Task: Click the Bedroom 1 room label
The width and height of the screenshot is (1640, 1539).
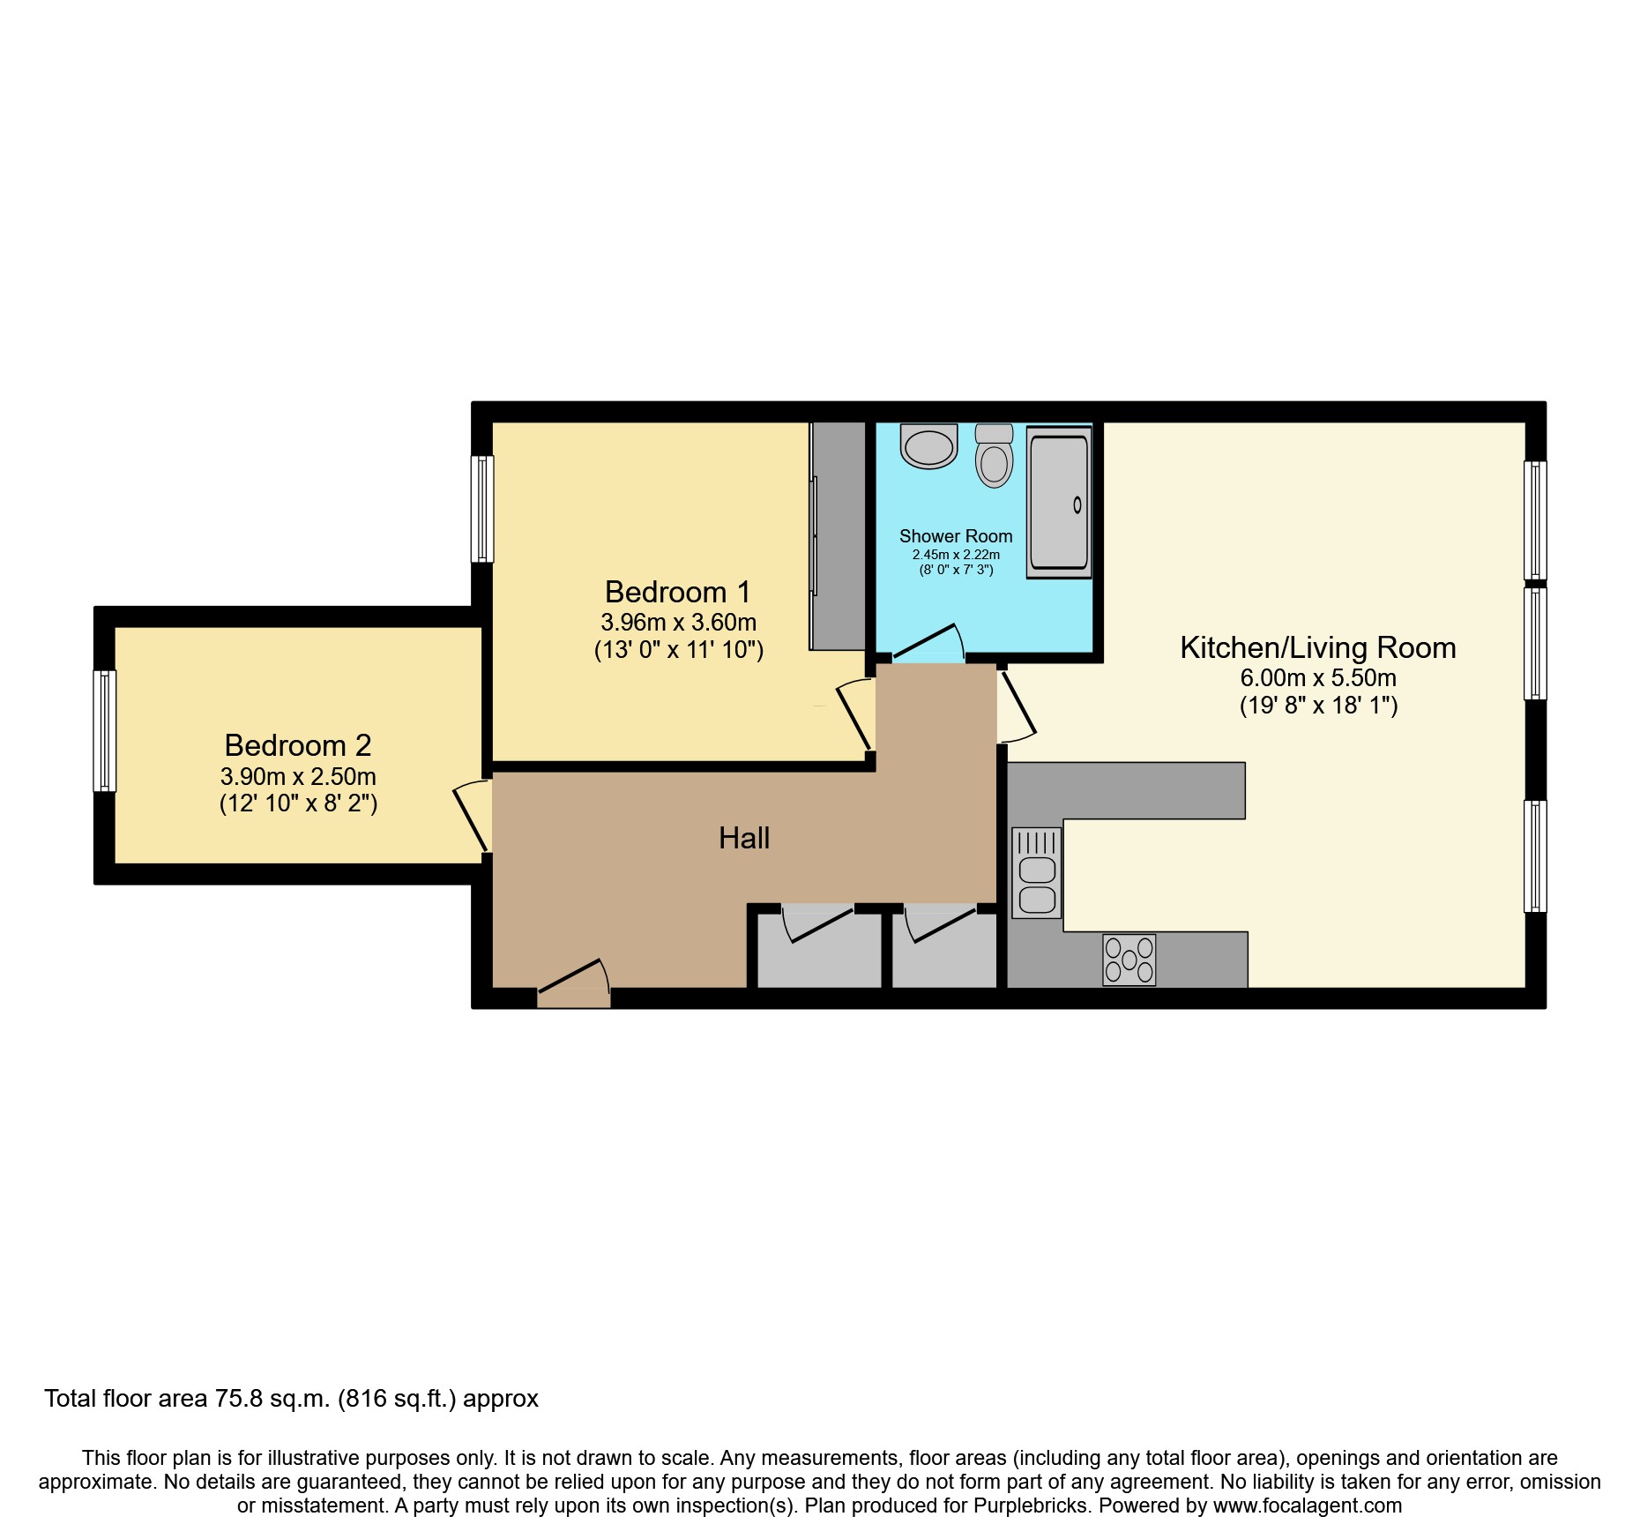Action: click(x=677, y=592)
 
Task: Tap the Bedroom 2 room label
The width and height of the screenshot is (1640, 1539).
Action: click(x=298, y=746)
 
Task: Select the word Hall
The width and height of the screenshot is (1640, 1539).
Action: click(x=744, y=838)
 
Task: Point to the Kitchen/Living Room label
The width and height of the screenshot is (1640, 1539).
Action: click(x=1317, y=648)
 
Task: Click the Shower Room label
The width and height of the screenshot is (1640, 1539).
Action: click(x=956, y=536)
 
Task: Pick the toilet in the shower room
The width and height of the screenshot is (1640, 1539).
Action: click(x=995, y=457)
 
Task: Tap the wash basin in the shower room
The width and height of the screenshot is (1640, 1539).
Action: click(x=928, y=445)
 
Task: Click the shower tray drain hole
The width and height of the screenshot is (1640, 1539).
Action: click(x=1077, y=505)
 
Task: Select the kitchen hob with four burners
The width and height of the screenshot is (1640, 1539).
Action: click(x=1129, y=960)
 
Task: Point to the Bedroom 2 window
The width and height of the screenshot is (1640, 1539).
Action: click(x=105, y=731)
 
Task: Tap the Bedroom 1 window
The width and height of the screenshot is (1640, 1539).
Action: click(x=482, y=509)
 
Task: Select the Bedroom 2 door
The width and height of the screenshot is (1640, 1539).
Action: click(x=473, y=816)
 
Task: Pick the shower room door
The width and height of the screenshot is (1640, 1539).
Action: click(x=928, y=645)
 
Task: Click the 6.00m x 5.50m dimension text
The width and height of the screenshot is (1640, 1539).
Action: click(x=1317, y=678)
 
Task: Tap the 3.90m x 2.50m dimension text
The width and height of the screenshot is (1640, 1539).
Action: click(x=298, y=777)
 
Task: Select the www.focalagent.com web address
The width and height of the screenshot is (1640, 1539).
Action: click(x=1307, y=1505)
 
